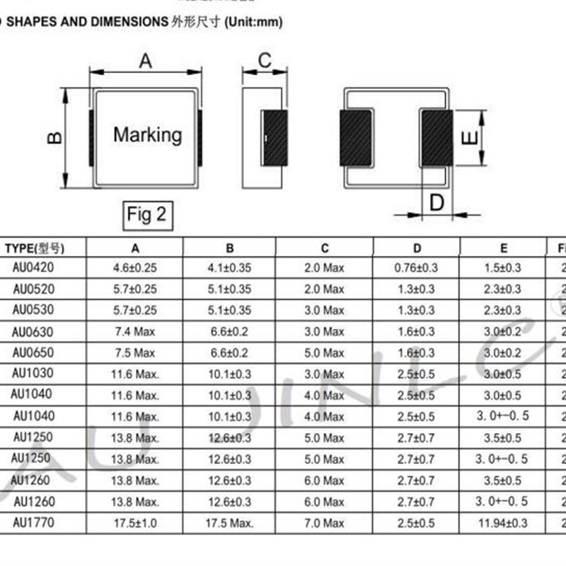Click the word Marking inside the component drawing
point(147,134)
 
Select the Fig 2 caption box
point(147,214)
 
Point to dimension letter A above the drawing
point(145,62)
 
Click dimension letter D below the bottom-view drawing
point(437,203)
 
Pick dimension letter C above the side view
point(265,61)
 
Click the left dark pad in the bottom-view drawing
point(357,138)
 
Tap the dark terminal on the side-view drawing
point(275,138)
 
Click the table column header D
point(417,248)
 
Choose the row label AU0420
point(33,268)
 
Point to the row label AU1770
point(33,524)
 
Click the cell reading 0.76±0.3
point(417,268)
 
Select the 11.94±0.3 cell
point(503,524)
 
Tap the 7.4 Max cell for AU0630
point(134,332)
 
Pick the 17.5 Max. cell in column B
point(229,524)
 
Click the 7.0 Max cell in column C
point(324,524)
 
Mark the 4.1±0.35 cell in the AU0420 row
point(229,268)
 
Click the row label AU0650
point(33,352)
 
